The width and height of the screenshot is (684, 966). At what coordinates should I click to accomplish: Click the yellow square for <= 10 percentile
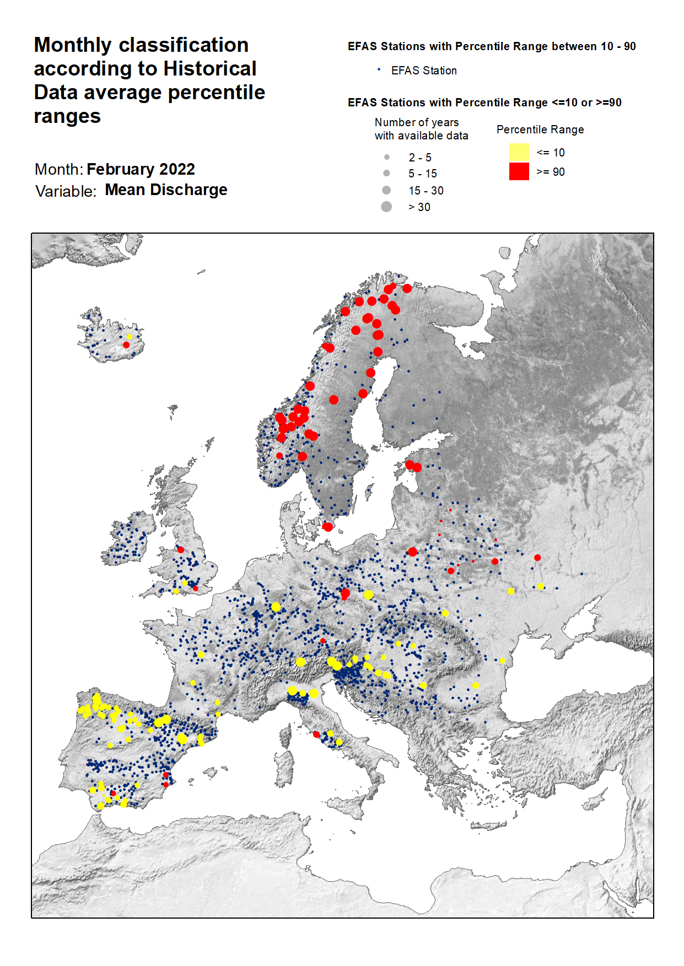pyautogui.click(x=519, y=152)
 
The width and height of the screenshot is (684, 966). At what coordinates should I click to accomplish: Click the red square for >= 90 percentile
pyautogui.click(x=519, y=171)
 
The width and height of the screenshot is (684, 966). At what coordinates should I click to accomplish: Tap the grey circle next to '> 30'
pyautogui.click(x=386, y=207)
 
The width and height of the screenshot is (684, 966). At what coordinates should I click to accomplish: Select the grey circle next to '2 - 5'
pyautogui.click(x=387, y=157)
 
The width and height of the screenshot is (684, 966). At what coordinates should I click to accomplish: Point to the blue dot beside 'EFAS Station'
pyautogui.click(x=379, y=69)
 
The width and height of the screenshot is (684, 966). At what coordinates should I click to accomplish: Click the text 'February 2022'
pyautogui.click(x=141, y=169)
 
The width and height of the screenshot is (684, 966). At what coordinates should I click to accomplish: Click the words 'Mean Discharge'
pyautogui.click(x=166, y=190)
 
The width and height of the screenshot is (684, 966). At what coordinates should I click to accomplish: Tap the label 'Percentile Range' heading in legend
pyautogui.click(x=540, y=129)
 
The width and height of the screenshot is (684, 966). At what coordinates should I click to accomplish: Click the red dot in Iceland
pyautogui.click(x=126, y=345)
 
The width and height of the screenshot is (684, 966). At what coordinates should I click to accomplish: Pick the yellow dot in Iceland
pyautogui.click(x=129, y=336)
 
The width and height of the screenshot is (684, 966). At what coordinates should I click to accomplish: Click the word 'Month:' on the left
pyautogui.click(x=58, y=169)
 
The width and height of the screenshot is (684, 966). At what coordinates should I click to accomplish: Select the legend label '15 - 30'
pyautogui.click(x=426, y=191)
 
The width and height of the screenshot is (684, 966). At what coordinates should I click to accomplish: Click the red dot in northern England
pyautogui.click(x=181, y=549)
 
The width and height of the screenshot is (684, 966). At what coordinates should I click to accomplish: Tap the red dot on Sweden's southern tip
pyautogui.click(x=327, y=527)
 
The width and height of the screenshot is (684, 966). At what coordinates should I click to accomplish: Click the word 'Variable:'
pyautogui.click(x=66, y=191)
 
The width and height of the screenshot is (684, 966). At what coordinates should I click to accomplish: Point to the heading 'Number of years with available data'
pyautogui.click(x=421, y=129)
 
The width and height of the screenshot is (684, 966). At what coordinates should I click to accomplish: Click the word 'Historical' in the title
pyautogui.click(x=210, y=69)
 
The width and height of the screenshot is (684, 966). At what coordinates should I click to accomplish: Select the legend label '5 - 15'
pyautogui.click(x=422, y=174)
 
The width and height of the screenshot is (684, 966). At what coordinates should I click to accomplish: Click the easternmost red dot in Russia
pyautogui.click(x=537, y=558)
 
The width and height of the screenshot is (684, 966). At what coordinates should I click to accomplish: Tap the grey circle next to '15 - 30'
pyautogui.click(x=386, y=190)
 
